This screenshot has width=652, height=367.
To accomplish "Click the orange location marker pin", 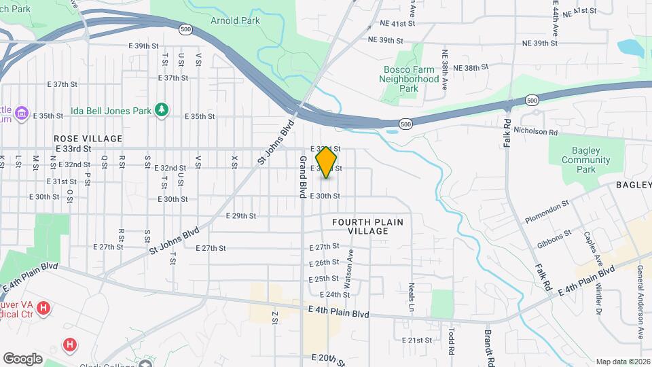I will pos(327,162).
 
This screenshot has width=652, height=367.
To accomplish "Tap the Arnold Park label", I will pos(235,20).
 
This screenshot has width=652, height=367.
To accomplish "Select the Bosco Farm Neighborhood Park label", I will pos(409,79).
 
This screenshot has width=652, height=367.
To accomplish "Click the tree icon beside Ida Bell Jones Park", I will pos(161,109).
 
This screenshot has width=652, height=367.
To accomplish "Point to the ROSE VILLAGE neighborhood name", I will pos(88,139).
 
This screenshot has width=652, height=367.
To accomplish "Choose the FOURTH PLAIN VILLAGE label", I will pos(367,226).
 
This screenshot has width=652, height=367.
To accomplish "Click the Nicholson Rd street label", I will pos(535,131).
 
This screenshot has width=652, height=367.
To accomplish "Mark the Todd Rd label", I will pos(451,341).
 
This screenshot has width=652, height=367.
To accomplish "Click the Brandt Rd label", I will pos(488,347).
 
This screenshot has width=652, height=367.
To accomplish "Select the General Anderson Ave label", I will pos(640,301).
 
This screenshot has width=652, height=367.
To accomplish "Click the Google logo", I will pos(22,358).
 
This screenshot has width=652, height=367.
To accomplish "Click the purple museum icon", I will pos(22,112).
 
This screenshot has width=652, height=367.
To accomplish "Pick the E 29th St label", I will pos(240,216).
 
